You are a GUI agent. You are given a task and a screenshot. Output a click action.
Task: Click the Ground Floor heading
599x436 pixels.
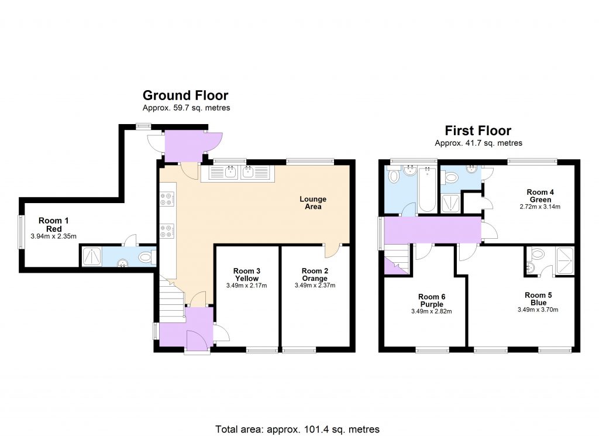[x=185, y=95]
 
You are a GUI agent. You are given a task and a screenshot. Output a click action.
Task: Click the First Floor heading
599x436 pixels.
[x=478, y=131]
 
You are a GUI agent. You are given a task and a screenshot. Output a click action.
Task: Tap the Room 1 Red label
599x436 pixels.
[x=54, y=225]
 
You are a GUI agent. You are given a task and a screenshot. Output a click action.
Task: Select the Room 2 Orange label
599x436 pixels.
[x=315, y=274]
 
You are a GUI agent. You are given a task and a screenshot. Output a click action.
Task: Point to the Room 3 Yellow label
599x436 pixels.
[x=246, y=274]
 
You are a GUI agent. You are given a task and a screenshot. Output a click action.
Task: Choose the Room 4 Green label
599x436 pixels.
[x=540, y=195]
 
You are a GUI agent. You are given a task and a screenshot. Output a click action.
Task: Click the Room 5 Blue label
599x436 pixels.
[x=538, y=299]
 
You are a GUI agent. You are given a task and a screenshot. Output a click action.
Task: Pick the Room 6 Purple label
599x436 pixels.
[x=432, y=300]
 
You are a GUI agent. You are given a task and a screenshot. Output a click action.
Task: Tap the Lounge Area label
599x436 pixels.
[x=313, y=203]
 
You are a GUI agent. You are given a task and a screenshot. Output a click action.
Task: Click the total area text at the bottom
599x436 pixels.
[x=298, y=429]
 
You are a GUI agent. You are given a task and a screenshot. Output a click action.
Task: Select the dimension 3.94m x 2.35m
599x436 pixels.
[x=53, y=236]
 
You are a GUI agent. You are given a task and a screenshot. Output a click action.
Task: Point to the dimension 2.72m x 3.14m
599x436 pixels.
[x=540, y=207]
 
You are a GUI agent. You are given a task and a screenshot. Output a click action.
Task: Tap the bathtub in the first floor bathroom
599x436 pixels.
[x=427, y=190]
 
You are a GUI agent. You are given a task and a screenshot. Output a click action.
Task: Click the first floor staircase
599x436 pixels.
[x=397, y=259]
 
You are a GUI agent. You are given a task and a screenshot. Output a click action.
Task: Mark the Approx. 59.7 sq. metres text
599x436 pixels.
[x=187, y=108]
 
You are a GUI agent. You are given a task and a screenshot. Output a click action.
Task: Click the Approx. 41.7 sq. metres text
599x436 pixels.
[x=478, y=143]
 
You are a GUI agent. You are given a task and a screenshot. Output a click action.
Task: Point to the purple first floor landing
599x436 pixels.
[x=432, y=230]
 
